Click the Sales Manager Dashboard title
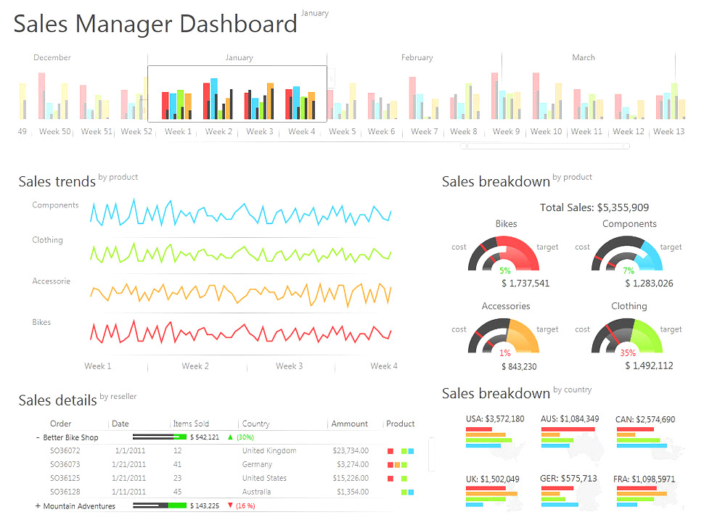[155, 24]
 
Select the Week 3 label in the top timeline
[260, 132]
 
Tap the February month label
[417, 58]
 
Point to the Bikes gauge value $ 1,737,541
[525, 284]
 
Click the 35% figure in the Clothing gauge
[628, 353]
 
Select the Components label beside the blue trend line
[55, 205]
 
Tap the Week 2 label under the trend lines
[195, 366]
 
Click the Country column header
[255, 424]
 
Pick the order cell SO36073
[65, 464]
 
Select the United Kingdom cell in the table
[269, 450]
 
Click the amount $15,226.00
[351, 478]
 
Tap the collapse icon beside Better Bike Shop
[38, 437]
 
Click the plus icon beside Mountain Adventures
[38, 506]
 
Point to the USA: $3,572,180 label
[495, 419]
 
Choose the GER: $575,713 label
[569, 479]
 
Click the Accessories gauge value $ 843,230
[519, 366]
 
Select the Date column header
[120, 424]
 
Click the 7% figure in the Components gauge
[629, 271]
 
